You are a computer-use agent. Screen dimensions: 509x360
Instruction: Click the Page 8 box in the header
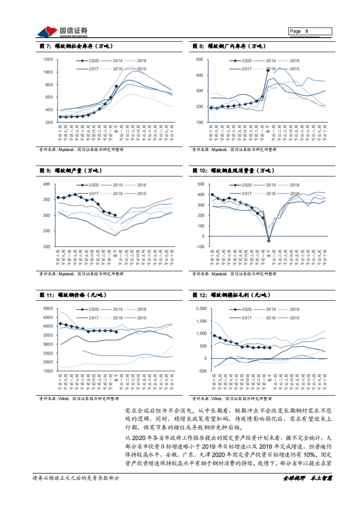click(310, 31)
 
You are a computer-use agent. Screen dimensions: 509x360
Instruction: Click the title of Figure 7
click(76, 46)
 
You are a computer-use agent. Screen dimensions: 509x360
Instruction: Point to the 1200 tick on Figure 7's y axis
click(48, 59)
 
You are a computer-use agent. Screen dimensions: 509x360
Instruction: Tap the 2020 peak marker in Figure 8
click(268, 70)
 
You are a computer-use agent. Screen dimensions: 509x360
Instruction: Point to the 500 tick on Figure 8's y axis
click(199, 59)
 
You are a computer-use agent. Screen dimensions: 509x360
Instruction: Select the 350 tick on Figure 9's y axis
click(46, 200)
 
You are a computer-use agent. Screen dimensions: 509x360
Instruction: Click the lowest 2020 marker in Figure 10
click(268, 241)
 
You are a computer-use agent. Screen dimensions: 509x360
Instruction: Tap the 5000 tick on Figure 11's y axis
click(48, 308)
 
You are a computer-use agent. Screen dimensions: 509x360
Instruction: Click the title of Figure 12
click(231, 295)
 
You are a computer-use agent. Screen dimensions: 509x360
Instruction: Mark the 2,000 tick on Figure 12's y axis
click(201, 308)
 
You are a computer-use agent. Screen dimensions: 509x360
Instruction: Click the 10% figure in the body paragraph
click(310, 455)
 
